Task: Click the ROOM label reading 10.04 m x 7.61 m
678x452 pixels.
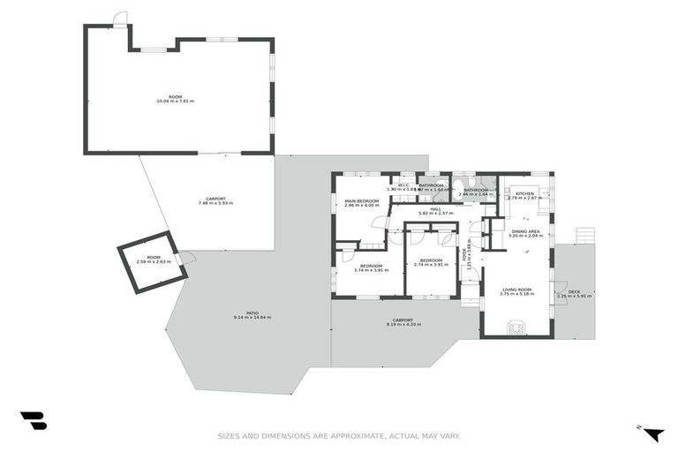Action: (x=175, y=98)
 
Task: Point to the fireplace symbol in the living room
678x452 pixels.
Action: (x=516, y=328)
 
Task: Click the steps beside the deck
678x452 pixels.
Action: (x=584, y=235)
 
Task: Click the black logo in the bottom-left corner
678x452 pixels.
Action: (x=33, y=421)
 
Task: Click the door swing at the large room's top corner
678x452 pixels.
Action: (x=120, y=19)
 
